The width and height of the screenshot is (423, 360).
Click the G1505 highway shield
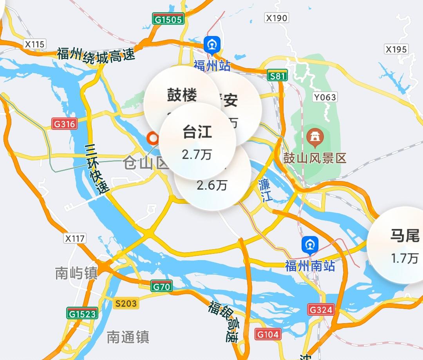(168, 19)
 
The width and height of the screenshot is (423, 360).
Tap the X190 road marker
(277, 18)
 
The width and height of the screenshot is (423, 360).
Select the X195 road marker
(396, 49)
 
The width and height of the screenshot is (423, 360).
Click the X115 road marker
(34, 44)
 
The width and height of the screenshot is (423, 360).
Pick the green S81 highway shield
(278, 76)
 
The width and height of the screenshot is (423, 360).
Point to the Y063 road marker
(325, 97)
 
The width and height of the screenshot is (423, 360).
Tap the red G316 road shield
(65, 124)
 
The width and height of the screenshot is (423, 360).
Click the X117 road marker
(75, 238)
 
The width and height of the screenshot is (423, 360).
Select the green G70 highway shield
(162, 287)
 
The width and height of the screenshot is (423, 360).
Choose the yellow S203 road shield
(126, 303)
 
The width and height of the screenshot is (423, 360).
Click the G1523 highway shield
(82, 313)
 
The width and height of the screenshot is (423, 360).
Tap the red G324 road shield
(321, 310)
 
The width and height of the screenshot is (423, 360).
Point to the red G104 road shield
(268, 334)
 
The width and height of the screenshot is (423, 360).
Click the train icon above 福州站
(212, 45)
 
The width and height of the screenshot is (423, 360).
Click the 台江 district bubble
(197, 141)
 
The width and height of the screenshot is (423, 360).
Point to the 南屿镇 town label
(76, 273)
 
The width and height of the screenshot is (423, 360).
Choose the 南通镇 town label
(128, 336)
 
